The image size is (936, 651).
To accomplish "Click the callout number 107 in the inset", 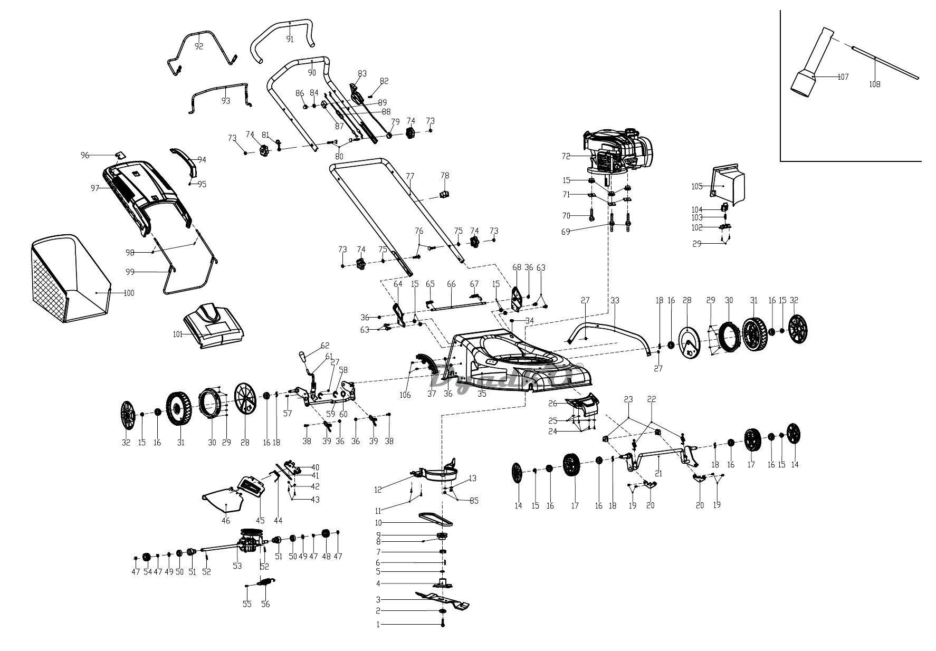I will tap(843, 77).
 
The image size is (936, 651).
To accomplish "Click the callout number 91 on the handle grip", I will tap(290, 39).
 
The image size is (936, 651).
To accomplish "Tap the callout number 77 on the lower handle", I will tap(410, 176).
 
